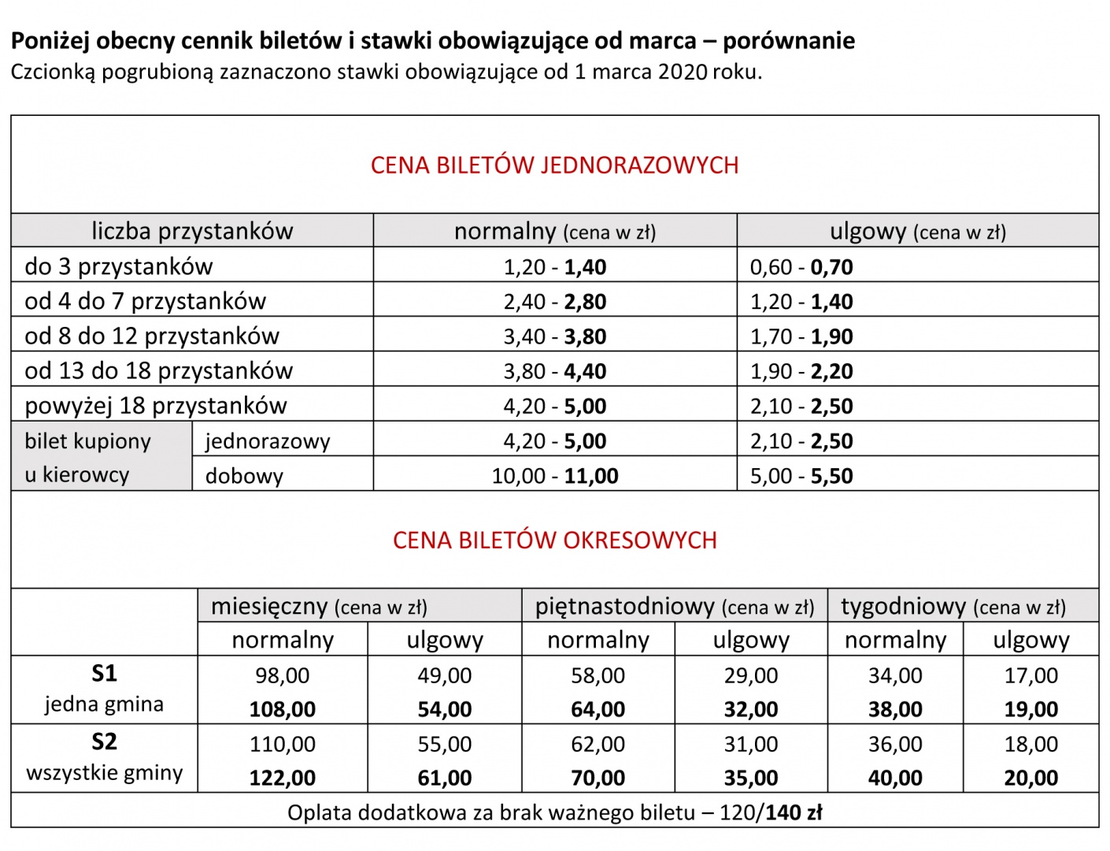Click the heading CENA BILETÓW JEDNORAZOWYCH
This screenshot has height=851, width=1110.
point(554,165)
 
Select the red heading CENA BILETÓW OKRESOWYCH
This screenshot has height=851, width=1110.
point(554,541)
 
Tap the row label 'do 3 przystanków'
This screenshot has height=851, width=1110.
point(119,266)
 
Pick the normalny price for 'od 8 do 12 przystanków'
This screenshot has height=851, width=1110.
point(555,336)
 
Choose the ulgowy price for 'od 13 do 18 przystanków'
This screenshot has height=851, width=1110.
point(801,371)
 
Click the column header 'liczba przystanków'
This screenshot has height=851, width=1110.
point(192,231)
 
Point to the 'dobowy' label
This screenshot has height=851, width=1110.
point(244,476)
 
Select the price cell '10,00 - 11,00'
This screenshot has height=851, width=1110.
point(555,476)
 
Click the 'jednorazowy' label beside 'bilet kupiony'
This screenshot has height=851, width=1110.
point(268,441)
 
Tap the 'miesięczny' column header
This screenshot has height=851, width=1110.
point(268,607)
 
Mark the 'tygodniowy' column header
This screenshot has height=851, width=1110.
point(903,607)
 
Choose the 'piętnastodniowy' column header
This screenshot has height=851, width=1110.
point(624,607)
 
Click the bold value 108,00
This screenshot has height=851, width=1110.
point(282,709)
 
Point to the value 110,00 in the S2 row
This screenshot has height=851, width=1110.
point(282,744)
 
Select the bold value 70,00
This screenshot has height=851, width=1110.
point(598,778)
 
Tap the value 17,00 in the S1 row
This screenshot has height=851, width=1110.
point(1030,675)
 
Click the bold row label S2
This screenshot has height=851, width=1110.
point(104,741)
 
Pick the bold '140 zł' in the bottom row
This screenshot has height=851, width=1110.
point(793,812)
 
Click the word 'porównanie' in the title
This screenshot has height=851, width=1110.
point(789,41)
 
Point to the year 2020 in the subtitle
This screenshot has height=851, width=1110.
point(683,72)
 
